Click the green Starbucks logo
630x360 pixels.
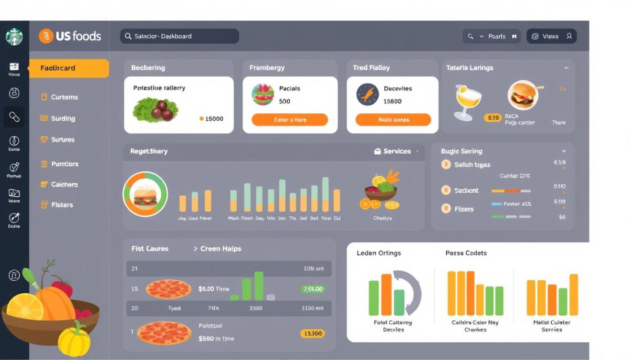tap(14, 37)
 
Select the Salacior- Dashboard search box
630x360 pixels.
tap(179, 36)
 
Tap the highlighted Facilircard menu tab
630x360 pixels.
tap(69, 68)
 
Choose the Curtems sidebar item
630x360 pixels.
tap(64, 97)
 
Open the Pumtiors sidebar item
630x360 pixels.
tap(65, 164)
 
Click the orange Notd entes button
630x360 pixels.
tap(393, 120)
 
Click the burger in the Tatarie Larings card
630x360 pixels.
tap(522, 96)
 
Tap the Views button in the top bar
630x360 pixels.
tap(551, 36)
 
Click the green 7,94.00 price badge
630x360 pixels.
tap(312, 289)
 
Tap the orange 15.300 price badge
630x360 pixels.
tap(312, 333)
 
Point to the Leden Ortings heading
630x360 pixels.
tap(379, 253)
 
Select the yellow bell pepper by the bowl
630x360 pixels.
tap(74, 340)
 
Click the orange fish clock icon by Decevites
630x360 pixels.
tap(367, 94)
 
